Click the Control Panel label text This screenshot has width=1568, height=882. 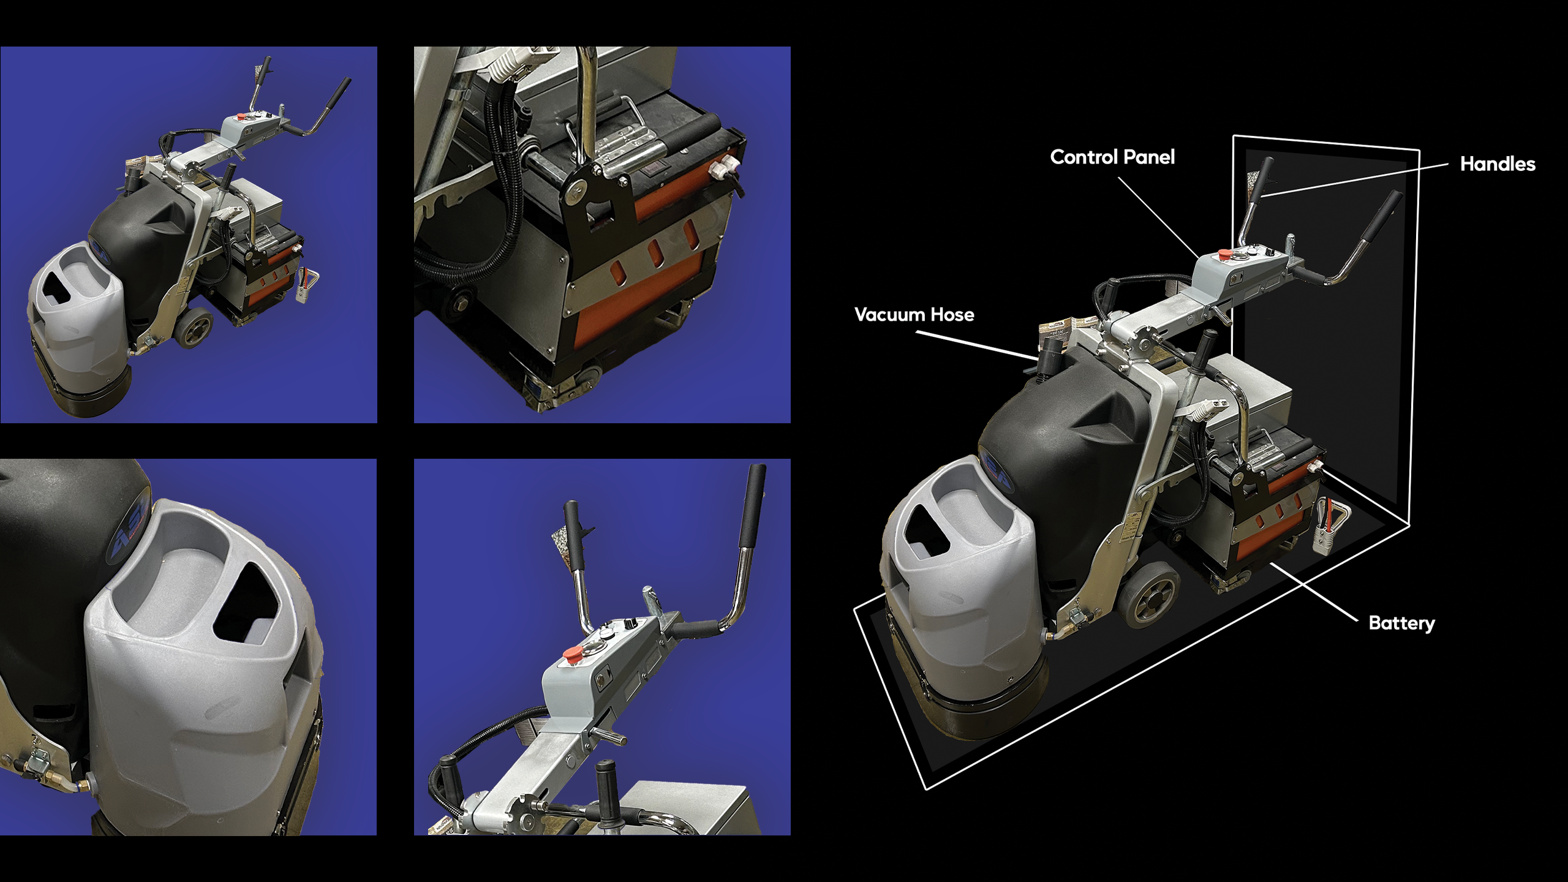(x=1112, y=157)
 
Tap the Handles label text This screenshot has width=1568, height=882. (x=1498, y=164)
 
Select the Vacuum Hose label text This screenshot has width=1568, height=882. (x=914, y=315)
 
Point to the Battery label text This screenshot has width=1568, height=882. (x=1401, y=624)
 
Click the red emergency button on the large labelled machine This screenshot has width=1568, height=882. (x=1223, y=254)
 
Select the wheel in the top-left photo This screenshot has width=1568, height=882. (x=195, y=331)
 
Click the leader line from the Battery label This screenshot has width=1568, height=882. (x=1314, y=592)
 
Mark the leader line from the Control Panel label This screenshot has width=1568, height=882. (x=1158, y=217)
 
